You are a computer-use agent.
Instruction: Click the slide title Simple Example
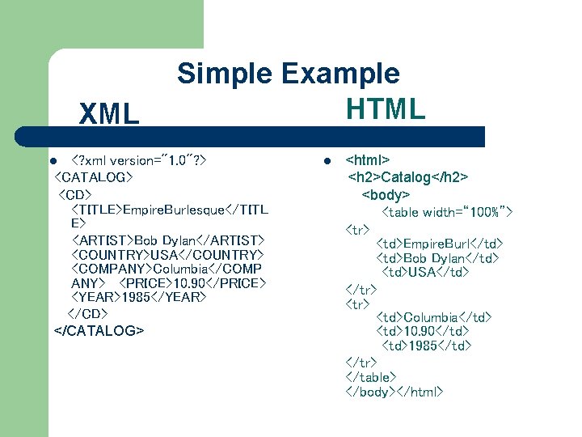click(289, 74)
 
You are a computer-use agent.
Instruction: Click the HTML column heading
click(385, 108)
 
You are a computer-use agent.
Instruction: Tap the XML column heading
click(109, 115)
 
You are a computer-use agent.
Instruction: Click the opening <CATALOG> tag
click(93, 176)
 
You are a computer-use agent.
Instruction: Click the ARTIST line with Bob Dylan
click(167, 240)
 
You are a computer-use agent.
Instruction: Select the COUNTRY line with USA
click(167, 255)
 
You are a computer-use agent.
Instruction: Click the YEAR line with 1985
click(139, 298)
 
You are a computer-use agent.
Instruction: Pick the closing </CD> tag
click(87, 313)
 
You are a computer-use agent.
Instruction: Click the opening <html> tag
click(368, 160)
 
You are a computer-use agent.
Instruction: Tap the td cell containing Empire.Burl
click(440, 243)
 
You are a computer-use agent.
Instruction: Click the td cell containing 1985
click(426, 346)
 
